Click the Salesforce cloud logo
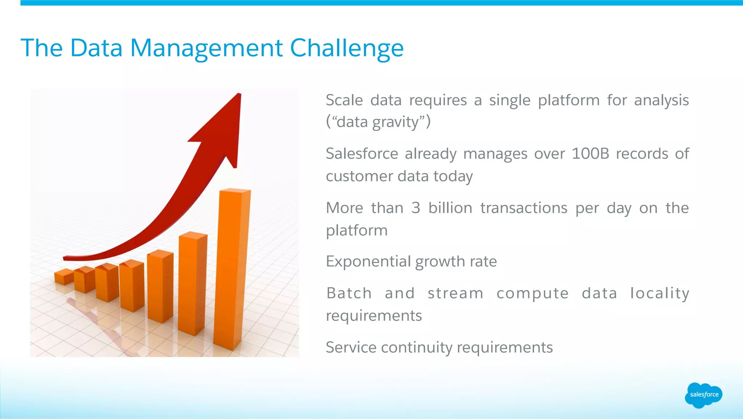click(x=703, y=395)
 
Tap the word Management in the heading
click(x=206, y=48)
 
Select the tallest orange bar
click(x=232, y=269)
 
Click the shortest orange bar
click(x=64, y=277)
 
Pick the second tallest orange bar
click(x=192, y=283)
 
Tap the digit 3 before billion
click(x=415, y=208)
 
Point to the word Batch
click(x=349, y=293)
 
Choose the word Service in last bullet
click(x=351, y=347)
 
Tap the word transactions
click(x=524, y=208)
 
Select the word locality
click(x=659, y=293)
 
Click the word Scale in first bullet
click(x=344, y=100)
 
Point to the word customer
click(x=359, y=176)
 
